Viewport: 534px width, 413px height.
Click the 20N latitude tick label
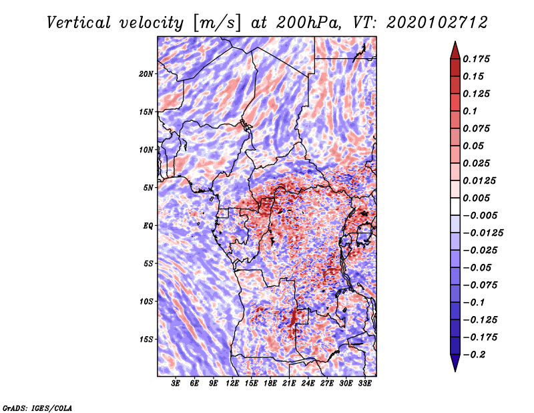(146, 74)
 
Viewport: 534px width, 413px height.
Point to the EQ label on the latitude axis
(148, 226)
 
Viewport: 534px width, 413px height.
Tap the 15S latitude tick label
(146, 339)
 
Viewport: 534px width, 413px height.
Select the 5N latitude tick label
(148, 188)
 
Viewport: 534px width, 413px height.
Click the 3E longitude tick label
(176, 384)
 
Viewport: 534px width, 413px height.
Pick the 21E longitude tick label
(289, 384)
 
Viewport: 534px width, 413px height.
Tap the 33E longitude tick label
(364, 384)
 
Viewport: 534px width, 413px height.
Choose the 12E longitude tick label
(232, 384)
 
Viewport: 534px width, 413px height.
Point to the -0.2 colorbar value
(477, 354)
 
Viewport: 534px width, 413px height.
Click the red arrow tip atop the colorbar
(455, 46)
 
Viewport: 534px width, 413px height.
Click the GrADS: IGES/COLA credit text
(37, 406)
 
